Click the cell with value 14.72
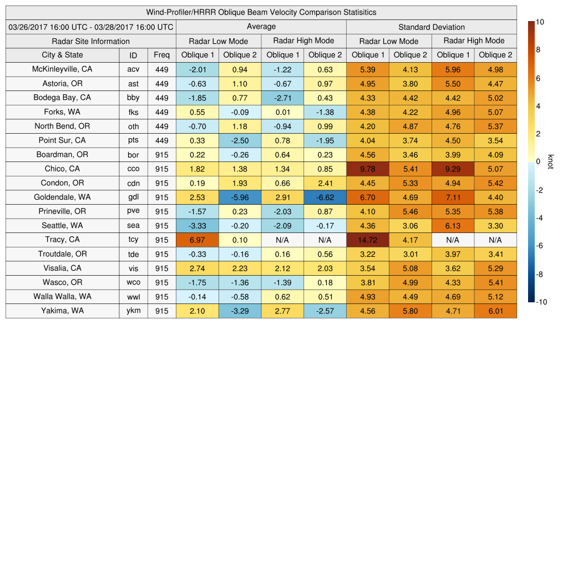point(367,240)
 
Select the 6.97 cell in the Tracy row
point(197,240)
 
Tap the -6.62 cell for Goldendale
point(324,197)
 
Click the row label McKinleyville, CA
point(62,69)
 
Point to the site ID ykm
point(133,311)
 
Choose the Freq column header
point(161,55)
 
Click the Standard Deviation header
point(431,27)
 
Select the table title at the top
point(261,12)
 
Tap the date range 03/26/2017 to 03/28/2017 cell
point(90,27)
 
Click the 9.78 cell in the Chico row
point(367,169)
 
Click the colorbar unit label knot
point(550,161)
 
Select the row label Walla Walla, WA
point(62,296)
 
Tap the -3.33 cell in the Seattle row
point(197,226)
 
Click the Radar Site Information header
point(90,41)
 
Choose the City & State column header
point(62,55)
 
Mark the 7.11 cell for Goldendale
point(453,197)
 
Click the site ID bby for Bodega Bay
point(133,98)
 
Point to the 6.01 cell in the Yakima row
point(495,311)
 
